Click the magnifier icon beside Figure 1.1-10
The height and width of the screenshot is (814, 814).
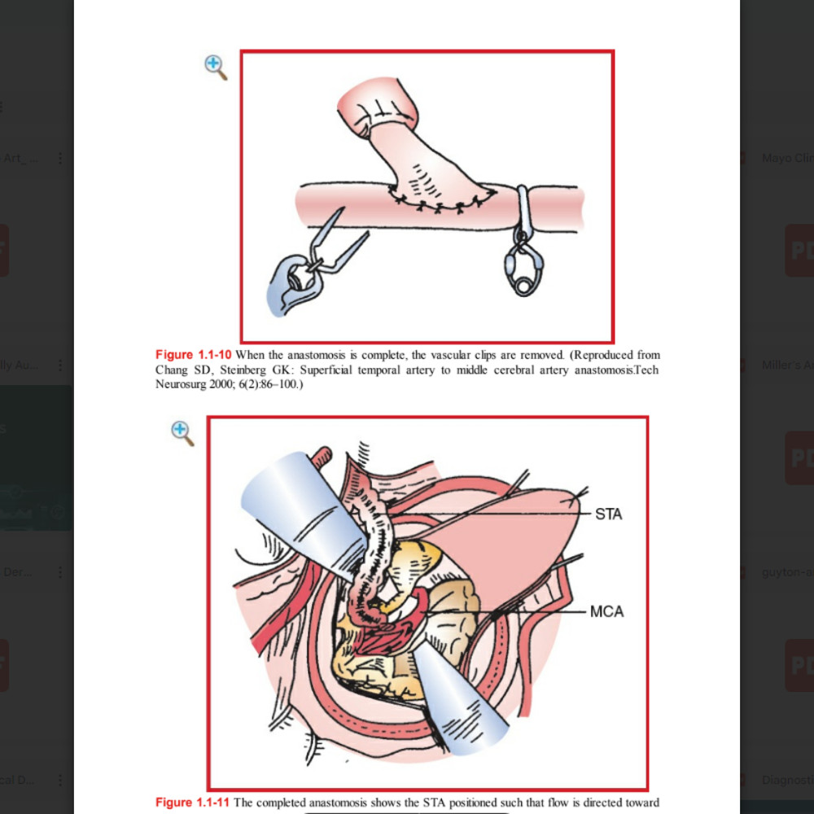[x=216, y=68]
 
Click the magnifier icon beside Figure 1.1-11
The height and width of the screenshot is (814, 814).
[x=182, y=433]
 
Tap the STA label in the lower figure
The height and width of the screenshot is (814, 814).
[x=608, y=514]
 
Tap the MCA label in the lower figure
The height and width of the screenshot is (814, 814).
[x=607, y=611]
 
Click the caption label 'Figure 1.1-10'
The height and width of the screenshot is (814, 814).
[x=194, y=355]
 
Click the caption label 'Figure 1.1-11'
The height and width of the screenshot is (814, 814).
[x=194, y=803]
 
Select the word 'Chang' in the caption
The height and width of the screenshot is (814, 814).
[x=171, y=370]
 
